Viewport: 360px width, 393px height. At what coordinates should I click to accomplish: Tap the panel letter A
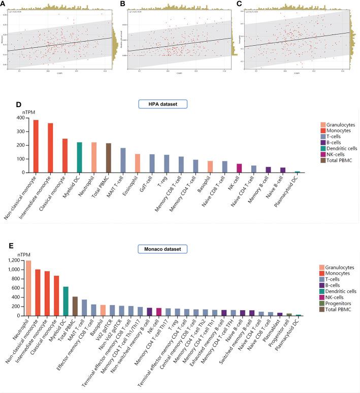point(4,4)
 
